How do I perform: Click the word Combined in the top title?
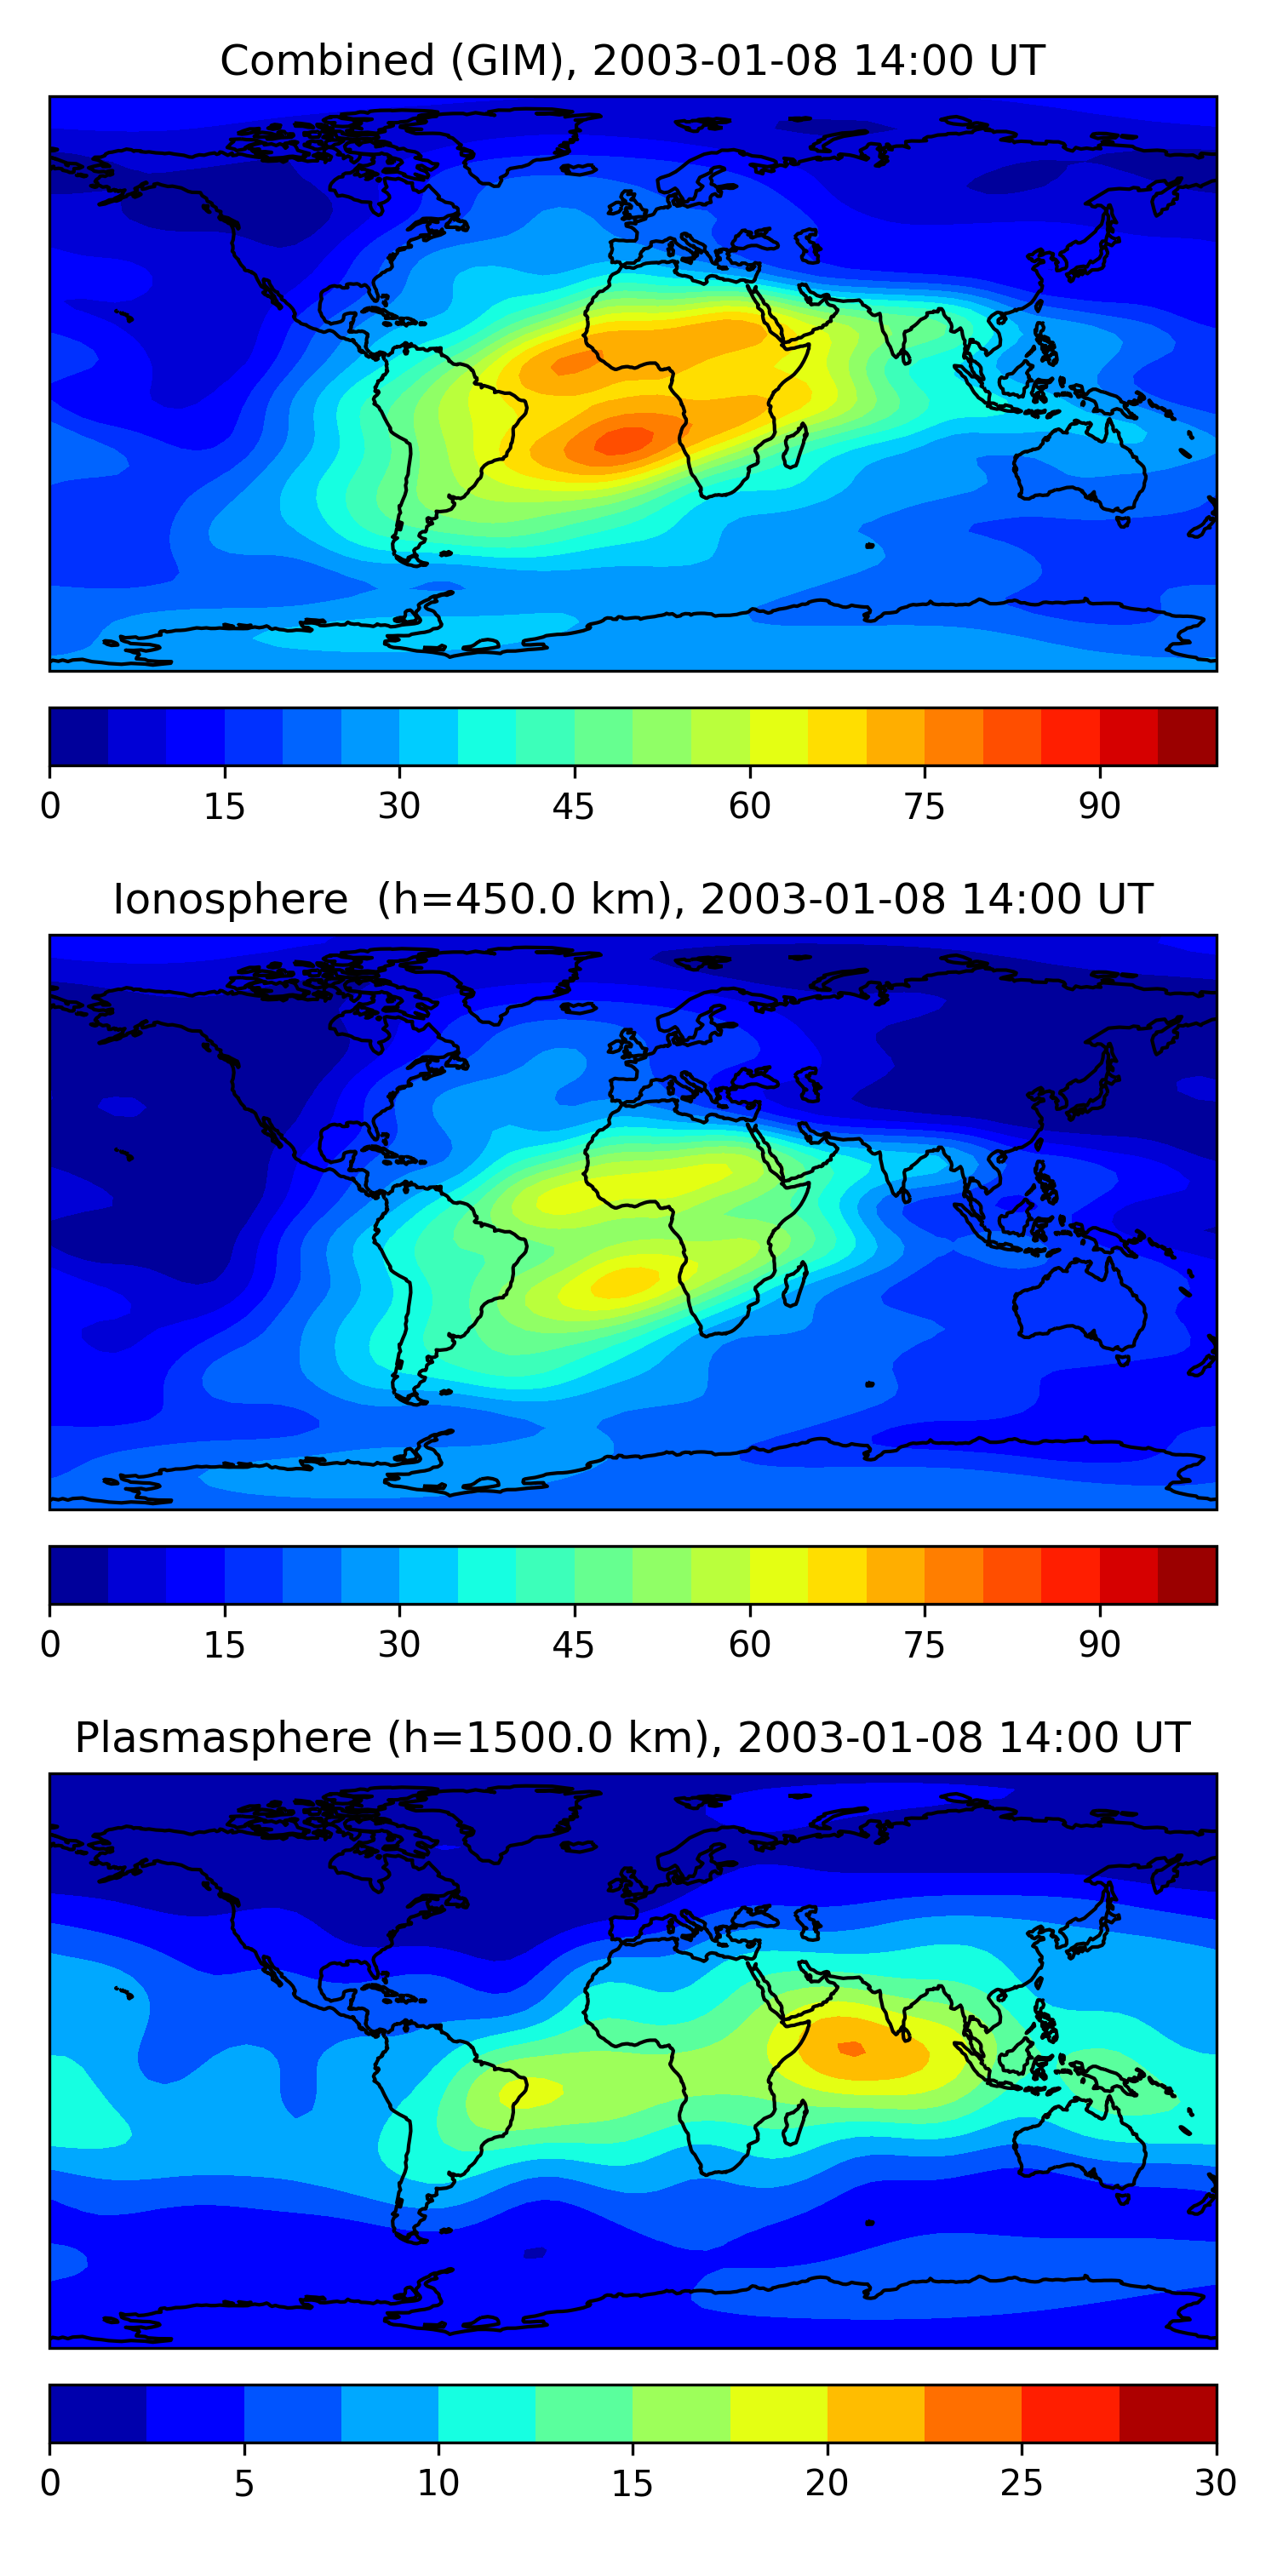(x=326, y=61)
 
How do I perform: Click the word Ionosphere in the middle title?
(x=230, y=900)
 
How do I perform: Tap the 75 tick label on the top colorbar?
(x=924, y=807)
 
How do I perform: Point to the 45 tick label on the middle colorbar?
(x=573, y=1646)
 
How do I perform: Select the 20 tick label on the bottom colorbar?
(x=826, y=2483)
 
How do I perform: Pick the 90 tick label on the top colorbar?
(x=1098, y=807)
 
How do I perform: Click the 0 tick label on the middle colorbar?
(x=50, y=1646)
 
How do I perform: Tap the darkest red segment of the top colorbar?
(x=1187, y=736)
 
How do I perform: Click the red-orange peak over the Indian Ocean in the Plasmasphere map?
(x=850, y=2048)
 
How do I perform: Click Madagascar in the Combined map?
(x=794, y=446)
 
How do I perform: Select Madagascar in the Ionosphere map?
(x=794, y=1285)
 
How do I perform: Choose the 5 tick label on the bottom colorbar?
(x=243, y=2483)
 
